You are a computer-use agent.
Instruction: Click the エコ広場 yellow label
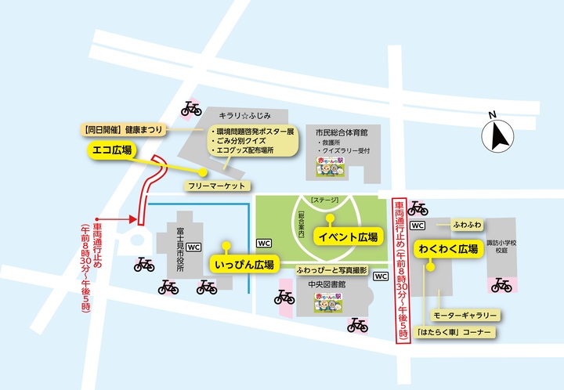coord(110,150)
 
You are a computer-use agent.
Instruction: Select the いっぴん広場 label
coord(243,265)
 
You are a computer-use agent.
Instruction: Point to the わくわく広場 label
coord(448,249)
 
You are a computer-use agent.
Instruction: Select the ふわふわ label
coord(467,225)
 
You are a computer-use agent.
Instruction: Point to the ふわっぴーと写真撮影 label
coord(332,269)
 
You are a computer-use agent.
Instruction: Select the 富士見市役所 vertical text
coord(179,247)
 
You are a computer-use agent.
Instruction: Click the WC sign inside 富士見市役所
coord(193,246)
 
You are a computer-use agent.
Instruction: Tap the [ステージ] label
coord(324,201)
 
